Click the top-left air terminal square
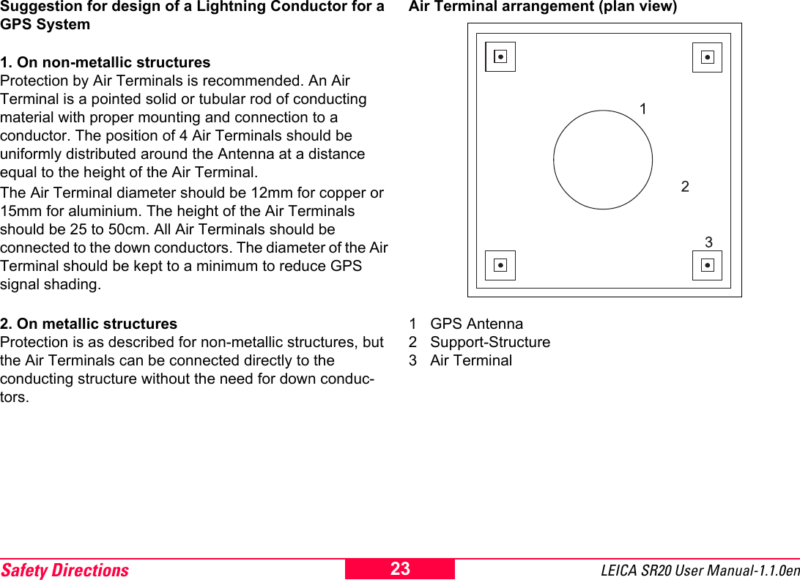tap(500, 56)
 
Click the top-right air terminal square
tap(707, 57)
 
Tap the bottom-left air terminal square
tap(500, 265)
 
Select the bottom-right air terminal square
tap(707, 265)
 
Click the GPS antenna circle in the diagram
tap(603, 160)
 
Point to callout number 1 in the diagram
tap(642, 110)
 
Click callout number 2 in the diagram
tap(685, 187)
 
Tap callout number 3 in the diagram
tap(708, 242)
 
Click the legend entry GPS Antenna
tap(476, 324)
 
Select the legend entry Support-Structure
tap(489, 342)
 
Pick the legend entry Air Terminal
tap(470, 360)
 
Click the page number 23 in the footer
tap(400, 569)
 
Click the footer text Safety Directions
tap(64, 570)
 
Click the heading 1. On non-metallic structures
tap(105, 62)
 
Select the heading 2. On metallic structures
tap(89, 324)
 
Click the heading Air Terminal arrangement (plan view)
tap(542, 7)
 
